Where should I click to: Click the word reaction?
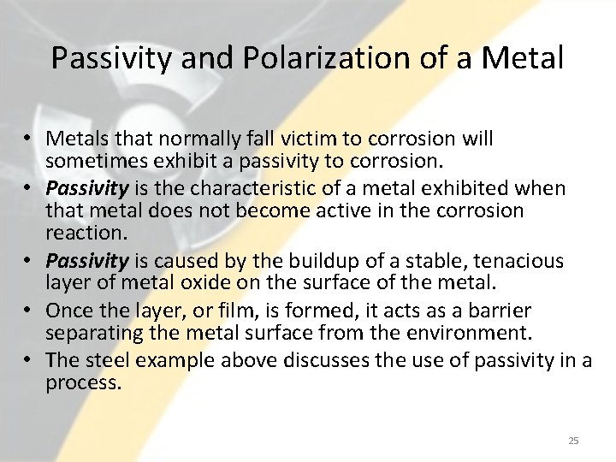[82, 233]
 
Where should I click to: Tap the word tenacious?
[518, 260]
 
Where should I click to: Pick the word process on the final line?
[82, 382]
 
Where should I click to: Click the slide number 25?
[573, 441]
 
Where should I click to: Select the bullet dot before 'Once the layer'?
[31, 311]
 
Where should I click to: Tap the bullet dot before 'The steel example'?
[31, 360]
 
